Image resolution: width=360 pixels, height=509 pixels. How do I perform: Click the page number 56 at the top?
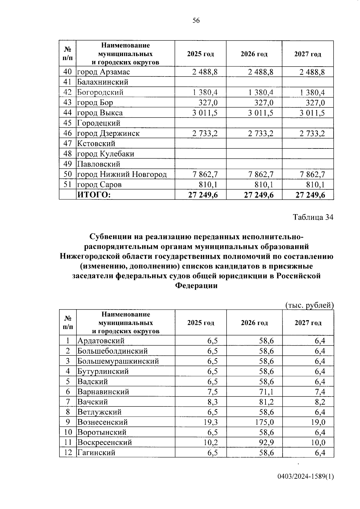click(196, 20)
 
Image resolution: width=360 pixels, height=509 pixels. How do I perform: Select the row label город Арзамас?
click(103, 72)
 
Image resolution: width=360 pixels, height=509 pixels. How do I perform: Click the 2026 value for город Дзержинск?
click(260, 133)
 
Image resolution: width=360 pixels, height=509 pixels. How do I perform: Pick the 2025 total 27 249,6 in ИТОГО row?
click(203, 195)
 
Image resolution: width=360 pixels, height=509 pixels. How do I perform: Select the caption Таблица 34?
click(313, 217)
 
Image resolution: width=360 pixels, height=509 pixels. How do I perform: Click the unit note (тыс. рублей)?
click(309, 305)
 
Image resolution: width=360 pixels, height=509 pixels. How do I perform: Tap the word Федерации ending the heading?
click(196, 286)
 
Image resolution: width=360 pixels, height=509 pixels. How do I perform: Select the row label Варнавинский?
click(103, 391)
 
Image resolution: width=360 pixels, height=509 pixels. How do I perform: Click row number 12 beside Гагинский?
click(68, 453)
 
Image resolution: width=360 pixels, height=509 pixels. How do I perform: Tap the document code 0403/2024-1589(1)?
click(305, 477)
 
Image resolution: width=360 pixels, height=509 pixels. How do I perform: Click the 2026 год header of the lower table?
click(254, 323)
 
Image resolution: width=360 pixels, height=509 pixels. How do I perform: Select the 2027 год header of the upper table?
click(307, 54)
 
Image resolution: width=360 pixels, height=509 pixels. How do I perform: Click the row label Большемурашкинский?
click(118, 361)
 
